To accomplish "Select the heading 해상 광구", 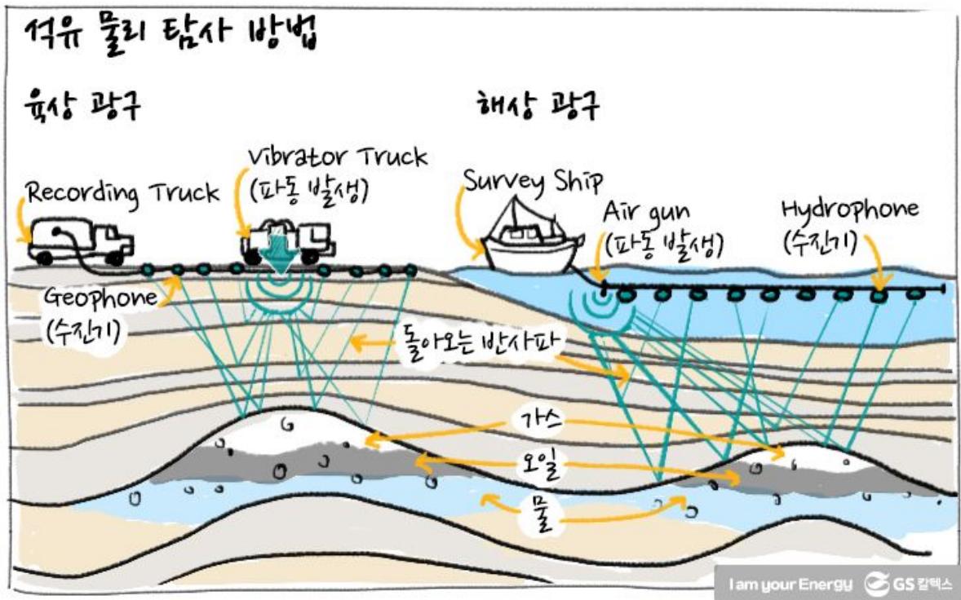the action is [537, 106].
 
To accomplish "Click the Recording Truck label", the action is [122, 194].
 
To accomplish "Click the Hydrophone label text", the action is [849, 210].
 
